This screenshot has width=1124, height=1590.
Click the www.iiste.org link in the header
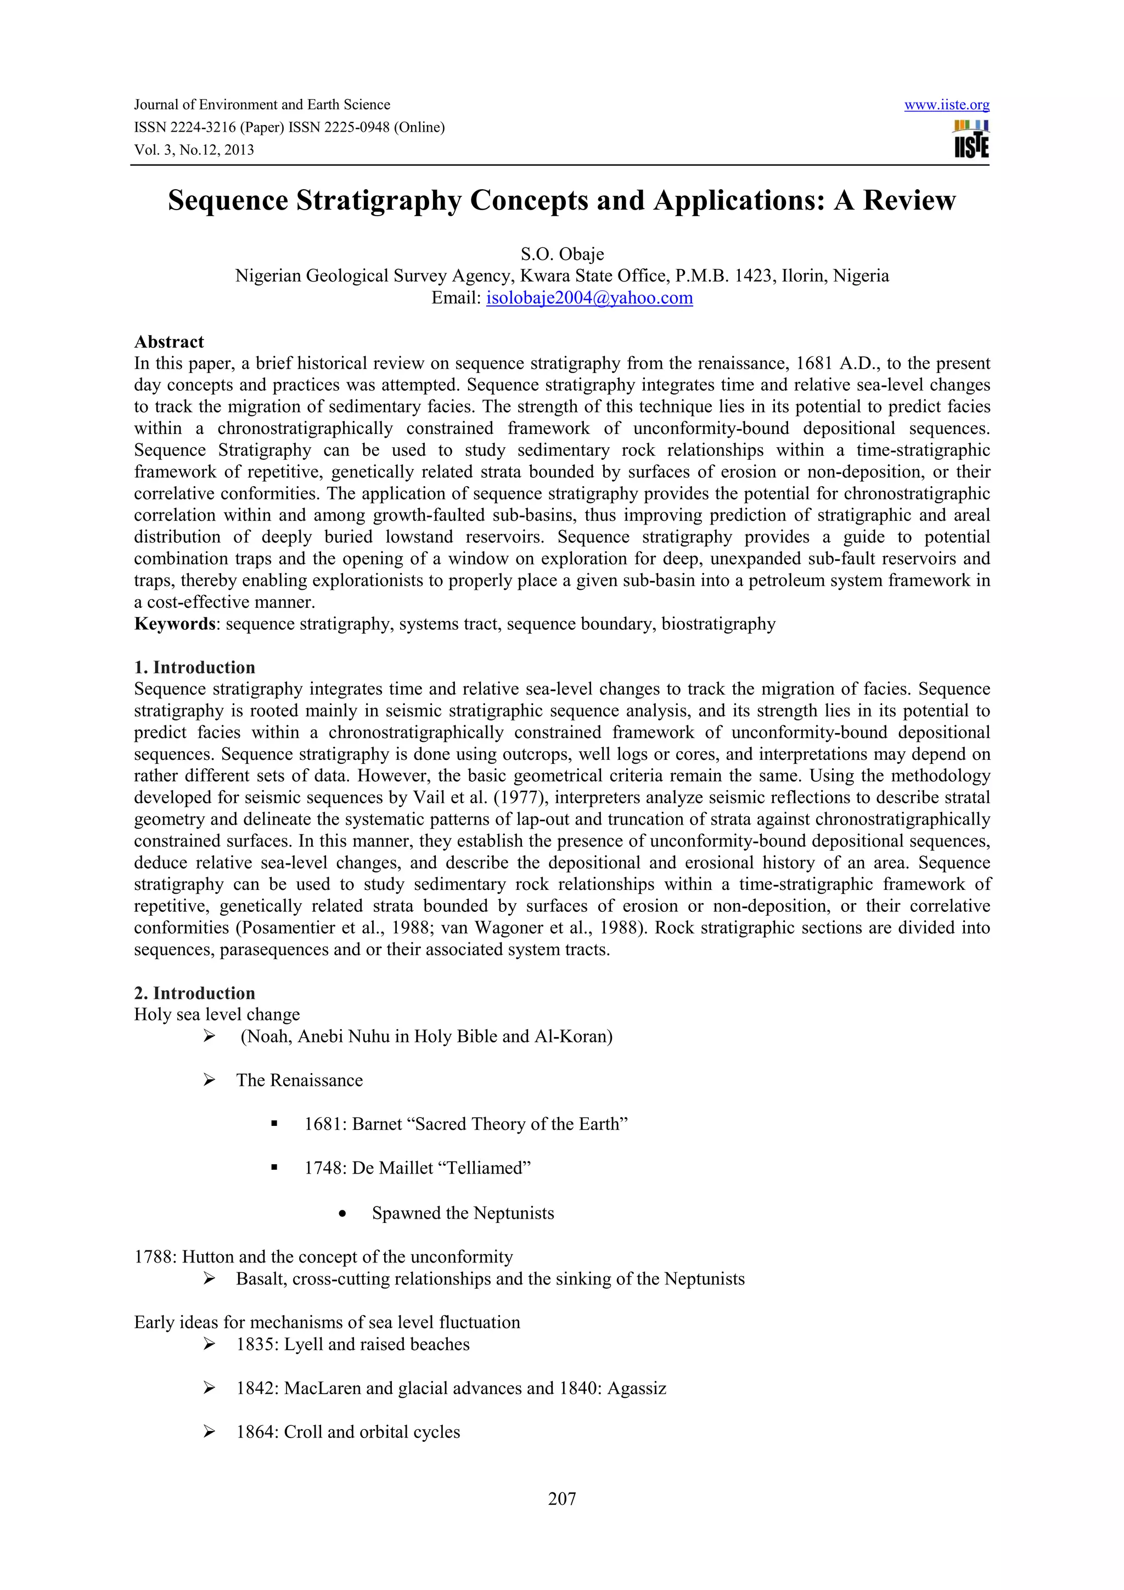pyautogui.click(x=946, y=105)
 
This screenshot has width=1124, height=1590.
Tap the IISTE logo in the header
pyautogui.click(x=971, y=139)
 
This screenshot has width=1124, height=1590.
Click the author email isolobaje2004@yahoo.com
pyautogui.click(x=589, y=298)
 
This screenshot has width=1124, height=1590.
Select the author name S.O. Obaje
pyautogui.click(x=561, y=254)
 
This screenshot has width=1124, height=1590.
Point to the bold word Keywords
pyautogui.click(x=175, y=624)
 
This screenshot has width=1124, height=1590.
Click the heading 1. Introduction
pyautogui.click(x=195, y=668)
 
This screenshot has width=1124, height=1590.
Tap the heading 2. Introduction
pyautogui.click(x=195, y=993)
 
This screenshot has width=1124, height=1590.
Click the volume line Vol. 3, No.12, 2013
pyautogui.click(x=194, y=150)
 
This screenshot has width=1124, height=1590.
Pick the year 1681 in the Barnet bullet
pyautogui.click(x=325, y=1124)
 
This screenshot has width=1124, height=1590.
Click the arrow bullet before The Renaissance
pyautogui.click(x=209, y=1080)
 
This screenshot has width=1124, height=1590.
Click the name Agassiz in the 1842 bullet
pyautogui.click(x=637, y=1389)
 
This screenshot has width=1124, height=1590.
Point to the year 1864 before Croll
pyautogui.click(x=257, y=1432)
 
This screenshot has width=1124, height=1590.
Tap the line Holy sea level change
pyautogui.click(x=217, y=1014)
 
